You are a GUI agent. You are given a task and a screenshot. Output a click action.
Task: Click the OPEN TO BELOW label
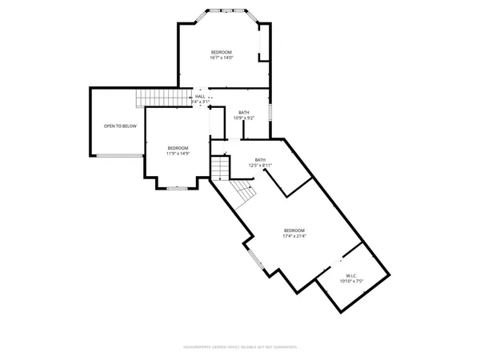pos(120,126)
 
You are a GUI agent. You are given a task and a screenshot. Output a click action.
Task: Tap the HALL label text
pos(200,96)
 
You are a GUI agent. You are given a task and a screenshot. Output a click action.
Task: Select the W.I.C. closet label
pos(350,275)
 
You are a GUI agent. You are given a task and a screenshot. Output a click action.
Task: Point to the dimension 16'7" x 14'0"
pos(222,58)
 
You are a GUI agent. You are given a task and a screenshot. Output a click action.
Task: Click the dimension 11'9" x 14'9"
pos(178,153)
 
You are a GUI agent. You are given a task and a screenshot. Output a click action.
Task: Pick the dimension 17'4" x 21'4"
pos(294,236)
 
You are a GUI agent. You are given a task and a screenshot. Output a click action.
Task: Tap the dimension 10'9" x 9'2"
pos(243,118)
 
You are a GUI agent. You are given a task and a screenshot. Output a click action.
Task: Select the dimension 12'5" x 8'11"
pos(261,166)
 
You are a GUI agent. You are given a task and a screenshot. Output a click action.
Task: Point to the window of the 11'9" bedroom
pos(178,189)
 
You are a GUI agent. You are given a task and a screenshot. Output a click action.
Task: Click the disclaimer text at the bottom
pos(240,347)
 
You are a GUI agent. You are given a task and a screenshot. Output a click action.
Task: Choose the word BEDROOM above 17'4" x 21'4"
pos(294,230)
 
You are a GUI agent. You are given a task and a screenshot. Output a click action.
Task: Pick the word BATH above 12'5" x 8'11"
pos(261,160)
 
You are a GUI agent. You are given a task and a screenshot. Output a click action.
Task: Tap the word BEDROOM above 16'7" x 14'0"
pos(222,52)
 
